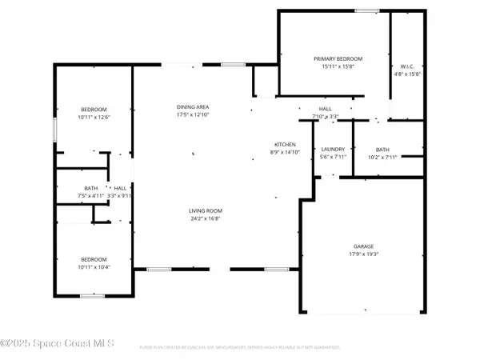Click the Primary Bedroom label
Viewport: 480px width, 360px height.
pos(338,59)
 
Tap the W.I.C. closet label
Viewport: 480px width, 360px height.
pos(406,66)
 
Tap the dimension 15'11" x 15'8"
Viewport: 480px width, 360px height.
pos(338,67)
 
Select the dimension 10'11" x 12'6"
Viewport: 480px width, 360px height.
pos(93,118)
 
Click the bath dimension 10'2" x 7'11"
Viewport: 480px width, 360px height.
pos(382,157)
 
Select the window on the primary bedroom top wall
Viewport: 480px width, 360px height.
pos(366,10)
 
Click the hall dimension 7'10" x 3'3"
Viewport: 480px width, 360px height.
pos(326,117)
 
